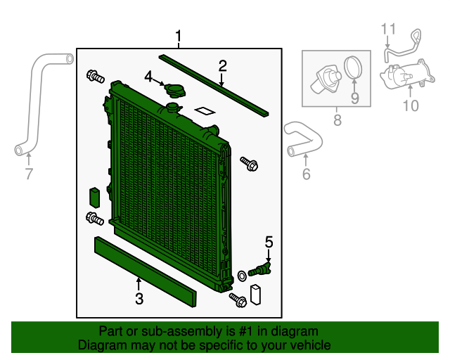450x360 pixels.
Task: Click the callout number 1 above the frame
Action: click(x=179, y=36)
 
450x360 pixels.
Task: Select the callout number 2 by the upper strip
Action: click(x=223, y=67)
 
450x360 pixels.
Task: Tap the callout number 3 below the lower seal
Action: click(x=139, y=300)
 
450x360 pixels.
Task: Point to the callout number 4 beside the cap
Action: click(x=148, y=76)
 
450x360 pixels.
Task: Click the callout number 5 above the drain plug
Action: click(x=269, y=243)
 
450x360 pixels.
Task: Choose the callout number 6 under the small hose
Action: click(x=306, y=174)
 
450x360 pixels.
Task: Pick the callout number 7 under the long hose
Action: click(x=29, y=174)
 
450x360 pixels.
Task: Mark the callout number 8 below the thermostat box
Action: click(x=337, y=120)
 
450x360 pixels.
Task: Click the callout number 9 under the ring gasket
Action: click(x=354, y=98)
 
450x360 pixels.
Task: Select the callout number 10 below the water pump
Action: click(x=410, y=105)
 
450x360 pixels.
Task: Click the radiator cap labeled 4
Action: click(x=173, y=89)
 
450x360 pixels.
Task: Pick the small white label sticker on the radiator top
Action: click(x=205, y=110)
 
